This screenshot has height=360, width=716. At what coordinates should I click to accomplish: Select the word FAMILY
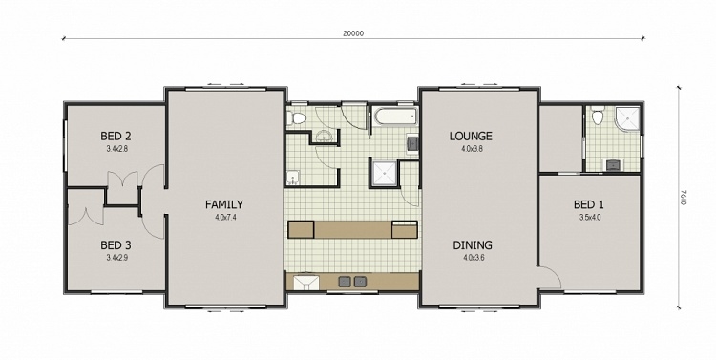tap(225, 204)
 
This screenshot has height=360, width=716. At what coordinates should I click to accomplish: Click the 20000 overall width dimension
tap(352, 33)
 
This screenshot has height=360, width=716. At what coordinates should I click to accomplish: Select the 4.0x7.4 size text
tap(225, 217)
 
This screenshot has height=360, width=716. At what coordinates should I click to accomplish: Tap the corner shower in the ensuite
tap(626, 119)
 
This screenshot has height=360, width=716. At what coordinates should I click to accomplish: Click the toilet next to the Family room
tap(297, 118)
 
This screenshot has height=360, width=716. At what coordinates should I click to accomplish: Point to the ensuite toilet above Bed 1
tap(597, 117)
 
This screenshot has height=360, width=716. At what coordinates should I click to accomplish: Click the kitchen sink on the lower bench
tap(307, 282)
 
